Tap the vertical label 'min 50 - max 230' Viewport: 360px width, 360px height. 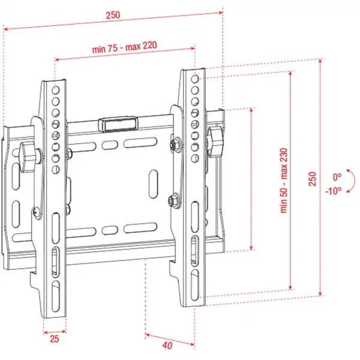283,181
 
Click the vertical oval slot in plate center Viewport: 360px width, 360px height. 153,184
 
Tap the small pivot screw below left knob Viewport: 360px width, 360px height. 37,211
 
